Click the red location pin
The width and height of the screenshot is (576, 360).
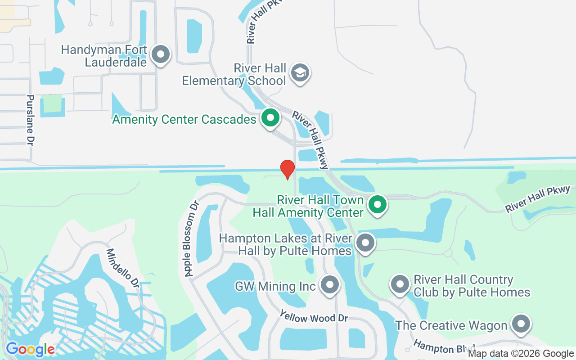coord(287,169)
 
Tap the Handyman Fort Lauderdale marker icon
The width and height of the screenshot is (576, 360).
coord(160,55)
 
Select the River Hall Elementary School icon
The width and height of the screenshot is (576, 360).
coord(300,72)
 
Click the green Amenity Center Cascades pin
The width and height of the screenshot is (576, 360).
coord(270,118)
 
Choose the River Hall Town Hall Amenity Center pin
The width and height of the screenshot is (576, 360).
coord(378,205)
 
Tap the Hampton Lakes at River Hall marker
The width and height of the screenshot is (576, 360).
coord(365,243)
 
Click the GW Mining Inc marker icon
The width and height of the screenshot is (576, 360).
coord(330,285)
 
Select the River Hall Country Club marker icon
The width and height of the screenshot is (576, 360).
coord(400,284)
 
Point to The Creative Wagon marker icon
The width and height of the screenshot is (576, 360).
coord(521,324)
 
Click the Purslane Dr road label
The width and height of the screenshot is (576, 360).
coord(30,120)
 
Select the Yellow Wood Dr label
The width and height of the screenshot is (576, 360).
coord(314,316)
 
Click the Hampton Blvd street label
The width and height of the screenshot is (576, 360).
coord(444,347)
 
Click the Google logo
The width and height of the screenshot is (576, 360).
coord(30,349)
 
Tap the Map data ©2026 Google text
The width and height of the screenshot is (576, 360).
coord(521,354)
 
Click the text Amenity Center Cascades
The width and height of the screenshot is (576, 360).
coord(184,119)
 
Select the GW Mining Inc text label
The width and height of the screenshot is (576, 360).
coord(275,286)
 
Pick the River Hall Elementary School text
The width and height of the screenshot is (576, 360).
coord(234,74)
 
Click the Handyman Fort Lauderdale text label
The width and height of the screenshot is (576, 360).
coord(104,55)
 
